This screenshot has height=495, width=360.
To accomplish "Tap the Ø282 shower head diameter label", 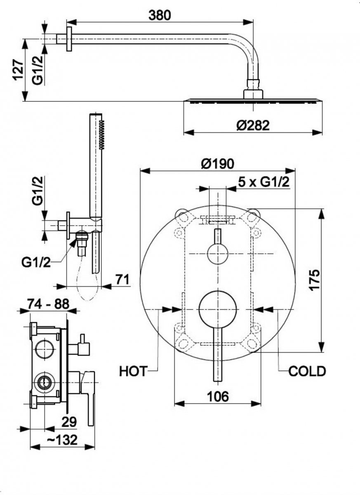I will pos(253,124).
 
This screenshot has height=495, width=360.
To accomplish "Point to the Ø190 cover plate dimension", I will pos(218,163).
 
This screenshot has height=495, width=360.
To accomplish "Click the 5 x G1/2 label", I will pos(263,182).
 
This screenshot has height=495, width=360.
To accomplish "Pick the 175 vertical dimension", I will pos(314,280).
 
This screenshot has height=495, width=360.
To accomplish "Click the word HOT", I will pos(133,371).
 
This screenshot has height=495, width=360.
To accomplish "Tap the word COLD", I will pos(307,371).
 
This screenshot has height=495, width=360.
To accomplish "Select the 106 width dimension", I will pos(217,396).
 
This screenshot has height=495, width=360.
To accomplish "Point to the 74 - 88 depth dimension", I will pos(48,304).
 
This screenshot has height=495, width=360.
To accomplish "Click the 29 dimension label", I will pos(69,422).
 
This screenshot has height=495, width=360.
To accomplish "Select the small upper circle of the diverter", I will pos(217,253).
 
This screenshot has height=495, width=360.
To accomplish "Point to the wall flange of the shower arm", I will pos(69,39).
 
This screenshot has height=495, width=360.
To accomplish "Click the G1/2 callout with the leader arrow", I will pos(36,262).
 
